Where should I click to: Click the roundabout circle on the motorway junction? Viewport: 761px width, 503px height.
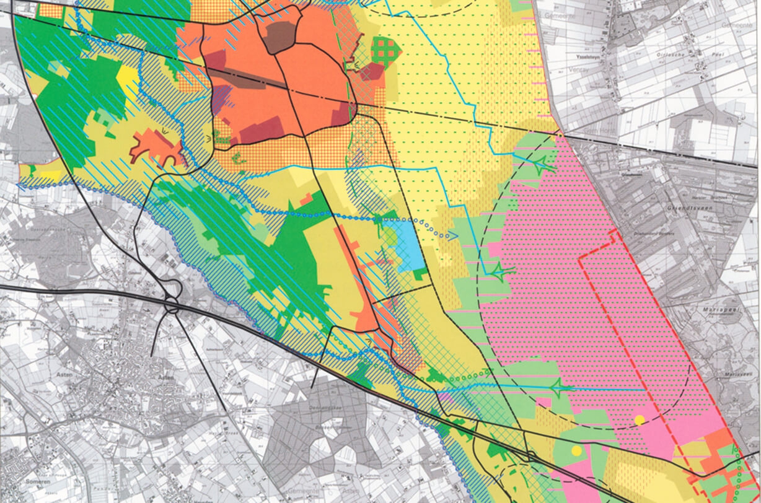172,306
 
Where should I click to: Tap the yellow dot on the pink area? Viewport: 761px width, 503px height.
640,420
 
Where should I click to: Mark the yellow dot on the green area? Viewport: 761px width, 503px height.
577,450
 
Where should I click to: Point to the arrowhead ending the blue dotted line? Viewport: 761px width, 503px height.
454,236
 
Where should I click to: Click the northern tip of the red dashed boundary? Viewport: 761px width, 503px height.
614,231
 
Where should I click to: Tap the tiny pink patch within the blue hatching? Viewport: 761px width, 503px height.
444,395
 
